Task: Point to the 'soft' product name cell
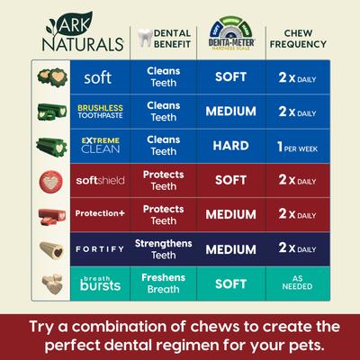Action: pos(97,77)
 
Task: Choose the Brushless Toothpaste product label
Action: pos(97,112)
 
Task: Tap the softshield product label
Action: pos(97,180)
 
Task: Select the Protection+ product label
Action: pos(97,214)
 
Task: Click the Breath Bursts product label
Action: pos(97,283)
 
